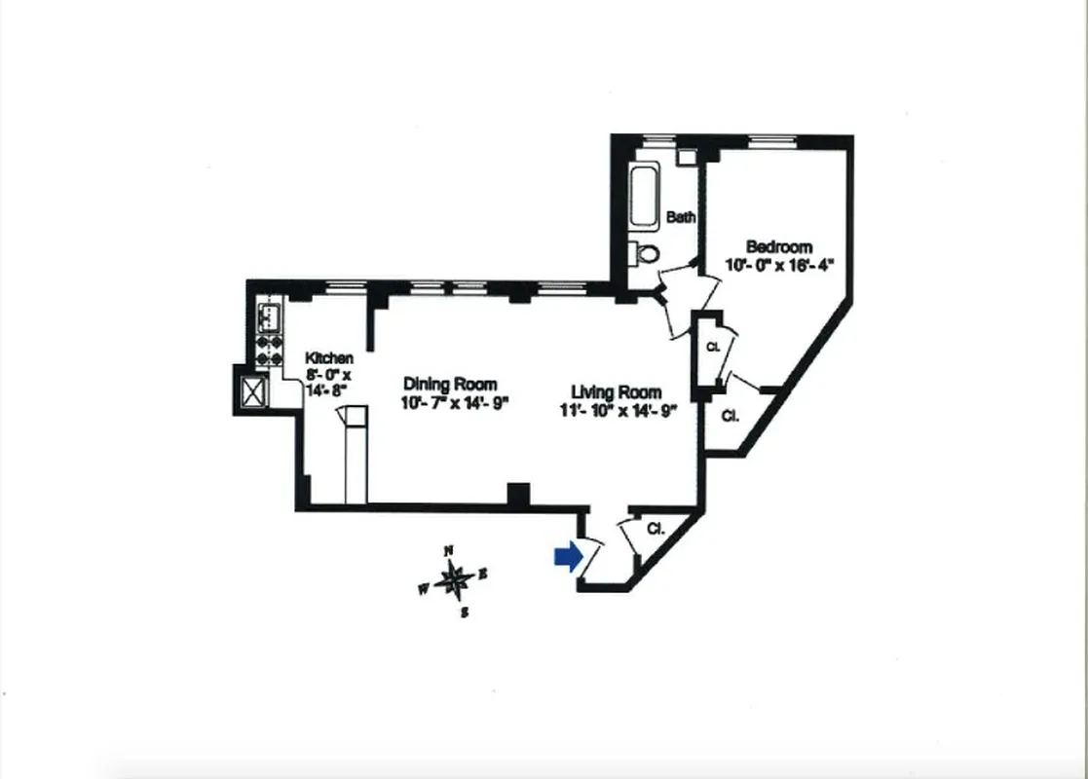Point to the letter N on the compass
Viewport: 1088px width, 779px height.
coord(449,551)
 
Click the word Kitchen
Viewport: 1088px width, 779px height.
coord(329,358)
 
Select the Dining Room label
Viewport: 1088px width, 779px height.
coord(450,385)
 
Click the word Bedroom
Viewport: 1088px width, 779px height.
coord(779,247)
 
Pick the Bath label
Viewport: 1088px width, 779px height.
coord(681,217)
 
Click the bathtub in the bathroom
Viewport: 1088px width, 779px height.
coord(645,198)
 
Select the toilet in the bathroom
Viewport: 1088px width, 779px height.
coord(645,253)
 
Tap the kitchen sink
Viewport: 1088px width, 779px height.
coord(268,315)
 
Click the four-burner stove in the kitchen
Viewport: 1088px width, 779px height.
coord(269,351)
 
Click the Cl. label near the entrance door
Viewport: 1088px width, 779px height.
coord(656,530)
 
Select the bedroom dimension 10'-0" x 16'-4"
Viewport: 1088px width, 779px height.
coord(780,265)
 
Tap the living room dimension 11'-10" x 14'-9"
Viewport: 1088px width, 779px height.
coord(618,411)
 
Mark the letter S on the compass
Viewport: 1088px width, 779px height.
coord(465,612)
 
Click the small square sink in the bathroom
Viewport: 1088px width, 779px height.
coord(688,156)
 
